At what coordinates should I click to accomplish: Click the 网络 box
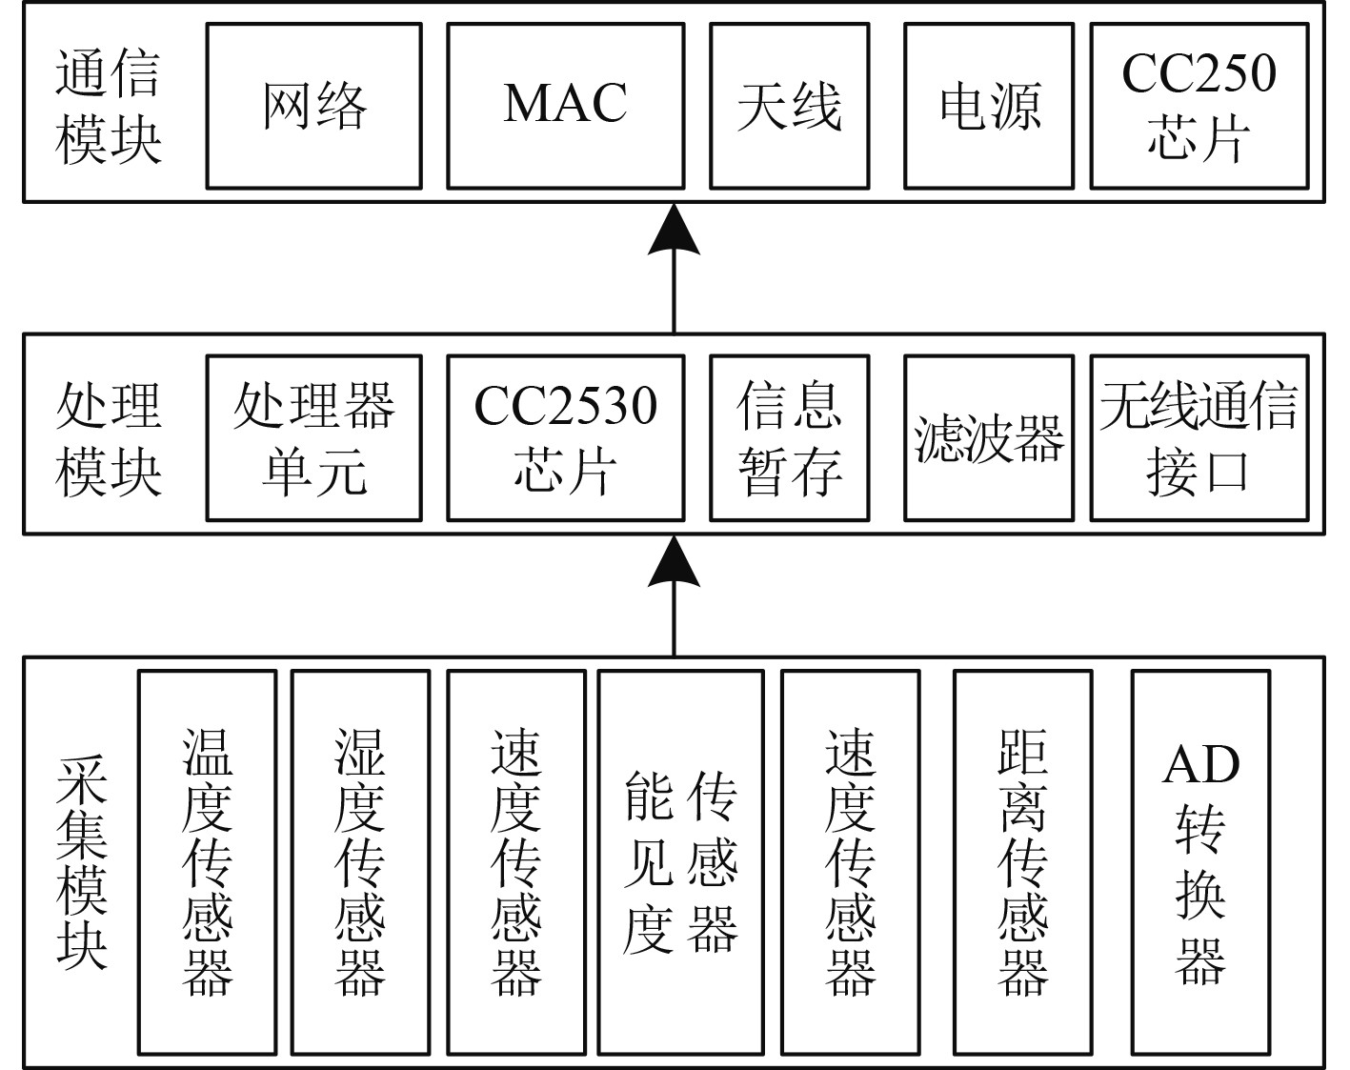tap(313, 106)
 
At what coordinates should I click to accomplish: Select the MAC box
tap(565, 106)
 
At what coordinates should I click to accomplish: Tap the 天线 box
tap(789, 106)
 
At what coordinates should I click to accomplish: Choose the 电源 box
tap(989, 106)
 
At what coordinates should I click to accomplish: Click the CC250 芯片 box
tap(1199, 106)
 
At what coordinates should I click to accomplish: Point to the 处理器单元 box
tap(313, 438)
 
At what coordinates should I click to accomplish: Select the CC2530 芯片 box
tap(565, 438)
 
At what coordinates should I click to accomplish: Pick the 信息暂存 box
tap(789, 438)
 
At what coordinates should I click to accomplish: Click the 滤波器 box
tap(989, 438)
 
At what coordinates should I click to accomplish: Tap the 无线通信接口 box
tap(1199, 438)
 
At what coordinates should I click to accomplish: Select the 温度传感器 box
tap(207, 862)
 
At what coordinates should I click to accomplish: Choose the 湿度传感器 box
tap(360, 862)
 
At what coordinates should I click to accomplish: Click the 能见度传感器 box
tap(680, 862)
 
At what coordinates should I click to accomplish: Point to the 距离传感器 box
tap(1023, 862)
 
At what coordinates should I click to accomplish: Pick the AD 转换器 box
tap(1200, 862)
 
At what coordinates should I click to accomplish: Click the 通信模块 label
tap(108, 107)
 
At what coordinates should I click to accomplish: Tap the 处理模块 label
tap(108, 439)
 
